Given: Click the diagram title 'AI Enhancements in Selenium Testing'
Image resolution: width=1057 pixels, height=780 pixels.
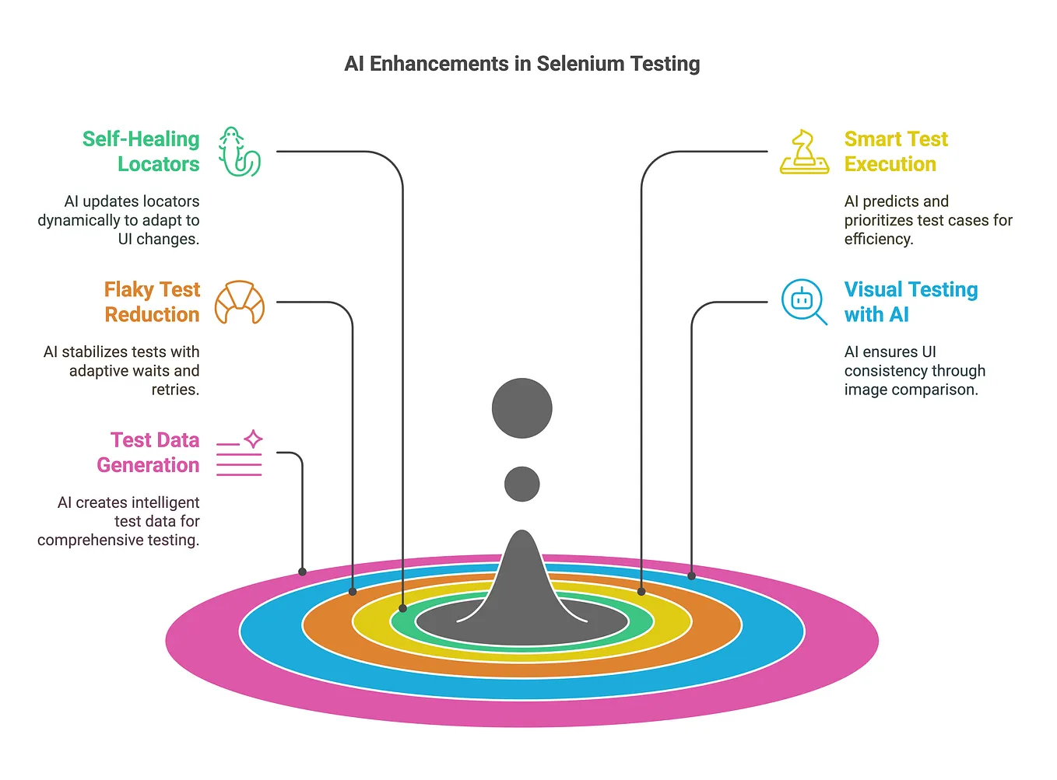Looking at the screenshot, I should (521, 64).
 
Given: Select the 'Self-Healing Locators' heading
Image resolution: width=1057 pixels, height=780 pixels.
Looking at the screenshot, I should (141, 152).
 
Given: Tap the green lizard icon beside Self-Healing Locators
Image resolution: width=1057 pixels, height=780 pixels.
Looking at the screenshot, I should (239, 152).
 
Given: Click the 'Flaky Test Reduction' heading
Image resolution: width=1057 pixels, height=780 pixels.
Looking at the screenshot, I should (152, 302).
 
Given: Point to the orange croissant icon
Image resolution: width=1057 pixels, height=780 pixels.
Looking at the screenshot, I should (239, 303).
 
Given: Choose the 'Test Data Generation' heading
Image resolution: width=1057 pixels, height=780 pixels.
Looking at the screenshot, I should (148, 453).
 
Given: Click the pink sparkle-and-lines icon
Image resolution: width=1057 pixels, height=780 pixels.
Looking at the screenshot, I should (239, 453).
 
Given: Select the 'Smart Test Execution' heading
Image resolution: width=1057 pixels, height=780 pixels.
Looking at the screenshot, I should (896, 152).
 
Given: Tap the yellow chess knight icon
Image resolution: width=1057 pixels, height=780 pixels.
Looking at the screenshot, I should (804, 152).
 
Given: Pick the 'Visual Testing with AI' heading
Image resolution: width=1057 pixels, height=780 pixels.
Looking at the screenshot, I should (911, 302).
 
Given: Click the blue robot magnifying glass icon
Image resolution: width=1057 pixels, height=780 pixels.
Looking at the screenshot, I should (804, 302).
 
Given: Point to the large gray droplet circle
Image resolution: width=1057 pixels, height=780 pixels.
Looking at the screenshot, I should (521, 408).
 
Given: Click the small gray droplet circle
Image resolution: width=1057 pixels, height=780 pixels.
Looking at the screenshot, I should (521, 484).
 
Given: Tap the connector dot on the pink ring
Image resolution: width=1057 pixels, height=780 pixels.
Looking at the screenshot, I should (303, 572).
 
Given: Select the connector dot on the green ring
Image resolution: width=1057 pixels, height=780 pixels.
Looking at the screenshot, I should (402, 608).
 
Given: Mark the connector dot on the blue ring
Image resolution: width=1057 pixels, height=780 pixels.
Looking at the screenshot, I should (691, 576).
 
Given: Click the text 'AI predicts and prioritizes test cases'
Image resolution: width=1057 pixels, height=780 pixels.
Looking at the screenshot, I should (928, 220).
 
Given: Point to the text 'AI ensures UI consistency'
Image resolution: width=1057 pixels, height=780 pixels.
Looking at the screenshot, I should (915, 371).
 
